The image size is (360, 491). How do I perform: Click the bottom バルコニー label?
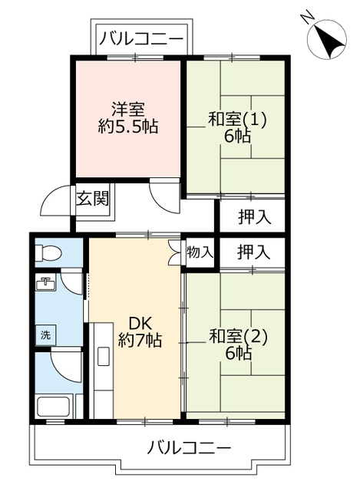189,447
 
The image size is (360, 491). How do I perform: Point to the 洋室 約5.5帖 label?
127,118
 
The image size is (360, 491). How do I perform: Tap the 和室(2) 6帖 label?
236,344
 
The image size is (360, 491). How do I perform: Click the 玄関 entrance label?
92,199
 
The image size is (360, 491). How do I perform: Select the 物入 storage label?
200,252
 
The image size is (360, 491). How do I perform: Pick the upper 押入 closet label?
253,216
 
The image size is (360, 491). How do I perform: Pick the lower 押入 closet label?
253,251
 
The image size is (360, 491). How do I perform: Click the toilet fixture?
50,251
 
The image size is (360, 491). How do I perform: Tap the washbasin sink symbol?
45,283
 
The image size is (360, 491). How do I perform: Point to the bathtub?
52,404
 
